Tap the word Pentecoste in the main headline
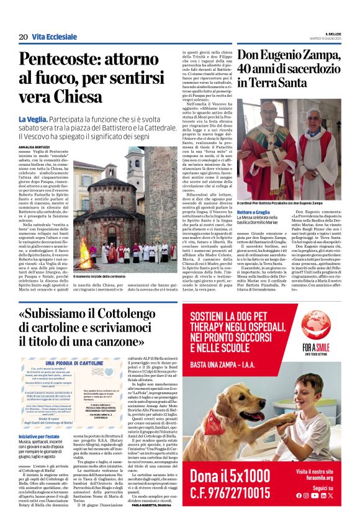click(60, 60)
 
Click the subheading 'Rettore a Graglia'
click(256, 212)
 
